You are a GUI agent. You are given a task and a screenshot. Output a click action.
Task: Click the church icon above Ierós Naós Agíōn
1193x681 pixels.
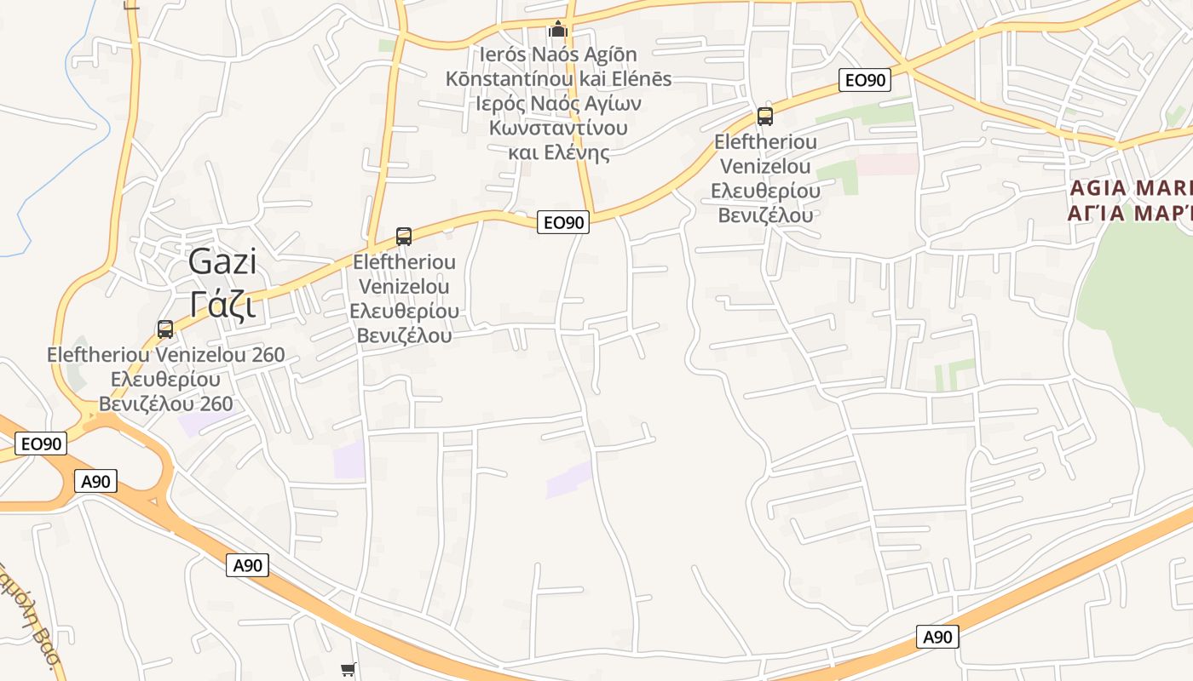pos(558,30)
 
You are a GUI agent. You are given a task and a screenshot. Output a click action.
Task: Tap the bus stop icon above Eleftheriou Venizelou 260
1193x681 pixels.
pos(165,329)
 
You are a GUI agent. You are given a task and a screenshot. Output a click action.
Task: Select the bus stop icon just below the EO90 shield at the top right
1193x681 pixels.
pos(765,117)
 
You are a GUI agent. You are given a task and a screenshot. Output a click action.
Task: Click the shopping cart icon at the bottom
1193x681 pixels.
pos(348,670)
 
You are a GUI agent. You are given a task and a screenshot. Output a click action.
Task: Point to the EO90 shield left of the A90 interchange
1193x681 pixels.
pos(41,444)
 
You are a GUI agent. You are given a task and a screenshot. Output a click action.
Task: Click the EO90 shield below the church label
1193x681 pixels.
pos(564,222)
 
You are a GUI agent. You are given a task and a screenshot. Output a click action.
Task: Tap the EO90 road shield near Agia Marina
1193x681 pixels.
pos(865,80)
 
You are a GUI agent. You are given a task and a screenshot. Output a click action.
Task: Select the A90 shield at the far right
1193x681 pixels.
pos(937,637)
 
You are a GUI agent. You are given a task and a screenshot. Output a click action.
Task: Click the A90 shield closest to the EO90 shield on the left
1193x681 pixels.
pos(95,481)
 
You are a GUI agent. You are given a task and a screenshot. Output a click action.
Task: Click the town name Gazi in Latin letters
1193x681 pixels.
pos(222,261)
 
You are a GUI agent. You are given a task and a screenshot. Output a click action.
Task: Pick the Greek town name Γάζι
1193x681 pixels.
pos(222,304)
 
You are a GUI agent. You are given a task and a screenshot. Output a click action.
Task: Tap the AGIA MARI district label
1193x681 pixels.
pos(1129,188)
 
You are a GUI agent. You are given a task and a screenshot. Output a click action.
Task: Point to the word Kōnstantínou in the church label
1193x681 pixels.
pos(501,79)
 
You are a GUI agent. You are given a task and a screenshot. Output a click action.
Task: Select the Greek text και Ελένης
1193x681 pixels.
pos(559,153)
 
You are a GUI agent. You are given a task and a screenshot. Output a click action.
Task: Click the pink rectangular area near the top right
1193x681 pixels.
pos(886,163)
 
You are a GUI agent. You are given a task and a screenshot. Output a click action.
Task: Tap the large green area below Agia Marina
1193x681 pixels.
pos(1142,306)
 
